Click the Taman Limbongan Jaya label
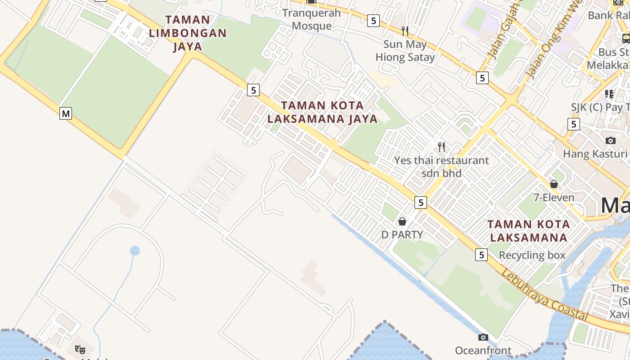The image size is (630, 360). pyautogui.click(x=188, y=33)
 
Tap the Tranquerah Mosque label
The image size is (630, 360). pyautogui.click(x=312, y=19)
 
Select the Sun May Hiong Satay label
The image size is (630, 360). pyautogui.click(x=405, y=51)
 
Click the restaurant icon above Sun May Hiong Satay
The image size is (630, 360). pyautogui.click(x=405, y=31)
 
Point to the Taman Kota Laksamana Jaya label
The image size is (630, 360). pyautogui.click(x=322, y=112)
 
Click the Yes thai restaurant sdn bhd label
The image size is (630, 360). pyautogui.click(x=441, y=166)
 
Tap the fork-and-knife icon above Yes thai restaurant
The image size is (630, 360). pyautogui.click(x=441, y=147)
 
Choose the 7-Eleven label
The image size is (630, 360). pyautogui.click(x=554, y=198)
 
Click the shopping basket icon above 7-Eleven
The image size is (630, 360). pyautogui.click(x=554, y=184)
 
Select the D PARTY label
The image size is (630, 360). pyautogui.click(x=402, y=234)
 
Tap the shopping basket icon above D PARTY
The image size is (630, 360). pyautogui.click(x=402, y=221)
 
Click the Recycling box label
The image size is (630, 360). pyautogui.click(x=532, y=255)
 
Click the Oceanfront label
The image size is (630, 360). pyautogui.click(x=483, y=351)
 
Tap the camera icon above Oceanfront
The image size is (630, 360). pyautogui.click(x=483, y=337)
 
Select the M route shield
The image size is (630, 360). pyautogui.click(x=66, y=113)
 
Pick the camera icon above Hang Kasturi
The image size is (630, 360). pyautogui.click(x=611, y=140)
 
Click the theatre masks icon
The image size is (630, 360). pyautogui.click(x=80, y=349)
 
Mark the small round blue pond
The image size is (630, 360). pyautogui.click(x=135, y=251)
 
